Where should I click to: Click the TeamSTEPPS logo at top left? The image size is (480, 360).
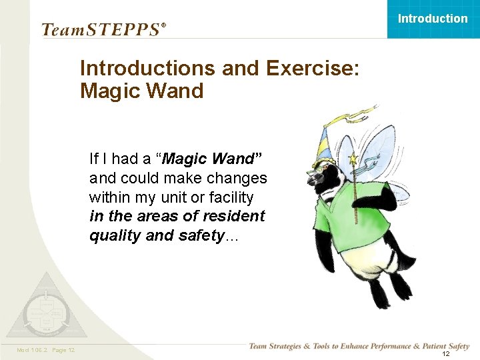click(100, 29)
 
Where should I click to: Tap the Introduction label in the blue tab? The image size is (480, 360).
click(433, 19)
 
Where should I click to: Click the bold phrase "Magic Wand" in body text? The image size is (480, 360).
click(213, 159)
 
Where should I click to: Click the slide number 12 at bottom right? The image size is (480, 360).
click(446, 354)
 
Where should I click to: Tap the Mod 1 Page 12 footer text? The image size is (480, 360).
click(46, 350)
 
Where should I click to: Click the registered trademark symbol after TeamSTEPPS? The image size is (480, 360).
click(163, 26)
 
